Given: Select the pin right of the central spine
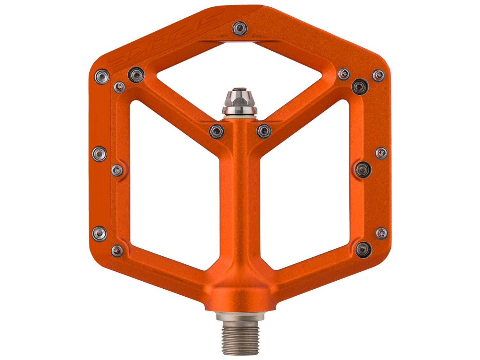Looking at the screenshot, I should (264, 130).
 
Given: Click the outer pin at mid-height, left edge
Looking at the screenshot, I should (99, 153).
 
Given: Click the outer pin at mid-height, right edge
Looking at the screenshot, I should (381, 153).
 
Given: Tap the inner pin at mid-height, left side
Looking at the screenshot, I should (117, 170).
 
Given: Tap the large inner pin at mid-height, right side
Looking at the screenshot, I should (363, 169).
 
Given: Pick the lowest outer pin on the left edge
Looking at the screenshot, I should (99, 234).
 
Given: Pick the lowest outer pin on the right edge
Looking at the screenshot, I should (381, 233).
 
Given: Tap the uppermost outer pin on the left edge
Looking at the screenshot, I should (102, 76).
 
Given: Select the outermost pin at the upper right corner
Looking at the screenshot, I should (378, 75).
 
